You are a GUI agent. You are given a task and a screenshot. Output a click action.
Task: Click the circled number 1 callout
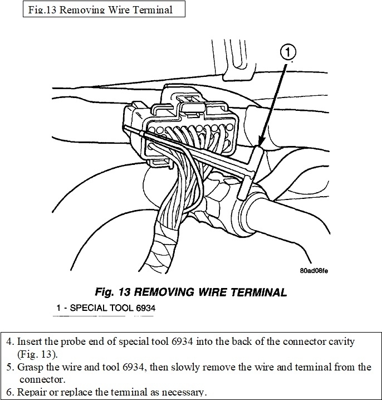click(287, 53)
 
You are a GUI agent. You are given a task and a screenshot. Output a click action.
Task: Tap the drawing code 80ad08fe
click(314, 271)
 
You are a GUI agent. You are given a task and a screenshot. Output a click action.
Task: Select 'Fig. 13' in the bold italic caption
click(113, 292)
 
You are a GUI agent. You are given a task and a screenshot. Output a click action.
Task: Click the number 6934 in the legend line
click(142, 308)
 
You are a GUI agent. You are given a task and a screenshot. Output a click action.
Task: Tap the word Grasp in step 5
click(30, 368)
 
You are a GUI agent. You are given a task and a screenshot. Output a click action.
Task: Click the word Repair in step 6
click(31, 393)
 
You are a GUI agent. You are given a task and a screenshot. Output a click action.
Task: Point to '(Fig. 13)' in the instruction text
click(38, 354)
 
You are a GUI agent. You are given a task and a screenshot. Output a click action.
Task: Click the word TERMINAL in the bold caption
click(256, 292)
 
